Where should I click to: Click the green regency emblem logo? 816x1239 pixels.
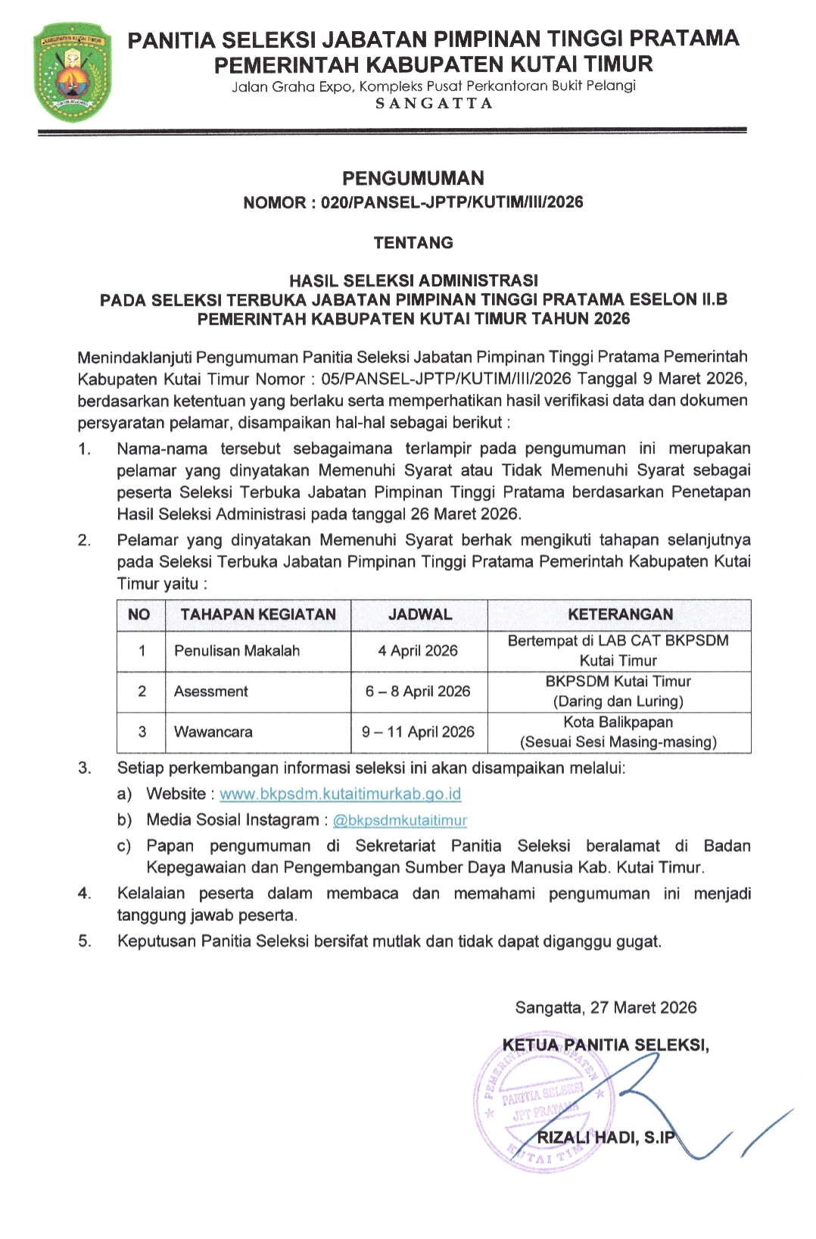click(73, 73)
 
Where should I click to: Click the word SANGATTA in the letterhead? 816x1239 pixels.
click(434, 104)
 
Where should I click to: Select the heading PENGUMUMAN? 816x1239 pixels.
click(413, 179)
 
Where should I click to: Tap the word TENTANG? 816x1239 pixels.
click(413, 243)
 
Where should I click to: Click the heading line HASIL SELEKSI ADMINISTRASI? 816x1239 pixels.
click(413, 280)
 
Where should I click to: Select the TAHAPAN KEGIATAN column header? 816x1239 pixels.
click(258, 615)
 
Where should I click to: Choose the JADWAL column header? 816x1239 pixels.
click(419, 615)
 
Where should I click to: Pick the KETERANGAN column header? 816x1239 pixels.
click(620, 615)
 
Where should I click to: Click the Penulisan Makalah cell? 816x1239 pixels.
click(237, 651)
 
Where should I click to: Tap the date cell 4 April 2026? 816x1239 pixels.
click(418, 651)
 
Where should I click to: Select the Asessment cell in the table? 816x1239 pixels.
click(211, 691)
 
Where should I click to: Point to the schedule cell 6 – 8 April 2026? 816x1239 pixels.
click(418, 691)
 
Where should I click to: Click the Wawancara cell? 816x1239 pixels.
click(213, 732)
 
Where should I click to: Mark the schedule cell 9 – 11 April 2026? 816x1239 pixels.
click(418, 732)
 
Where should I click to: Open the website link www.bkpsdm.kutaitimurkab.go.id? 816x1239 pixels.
click(340, 794)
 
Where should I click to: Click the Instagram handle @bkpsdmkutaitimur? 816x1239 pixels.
click(400, 821)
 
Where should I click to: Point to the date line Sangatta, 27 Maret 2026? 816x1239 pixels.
click(606, 1007)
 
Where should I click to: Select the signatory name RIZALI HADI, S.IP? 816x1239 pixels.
click(605, 1138)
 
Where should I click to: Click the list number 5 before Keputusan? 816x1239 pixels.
click(84, 941)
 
